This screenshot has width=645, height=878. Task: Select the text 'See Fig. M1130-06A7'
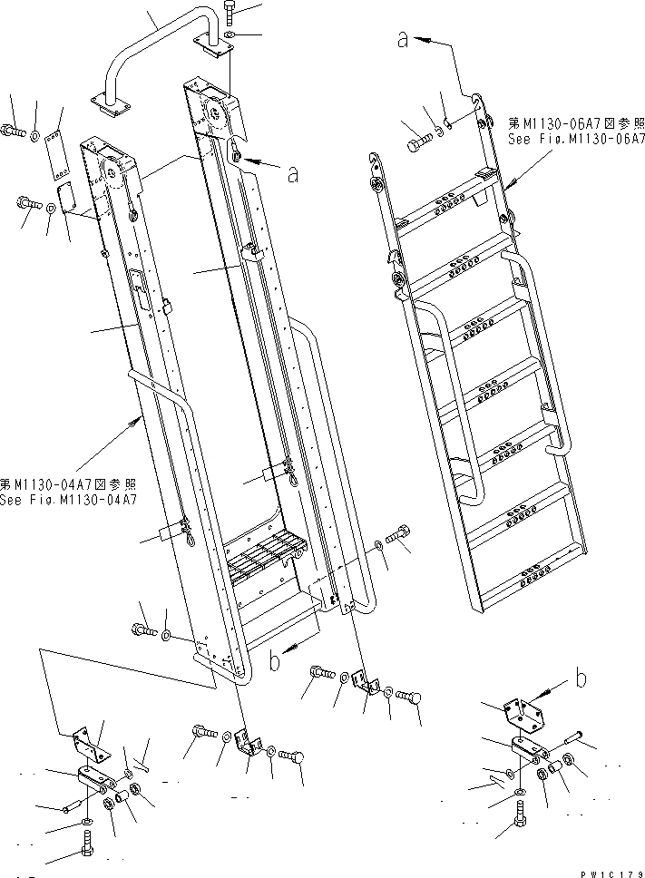(575, 140)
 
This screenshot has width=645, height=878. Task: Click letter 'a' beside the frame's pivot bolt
(291, 174)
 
